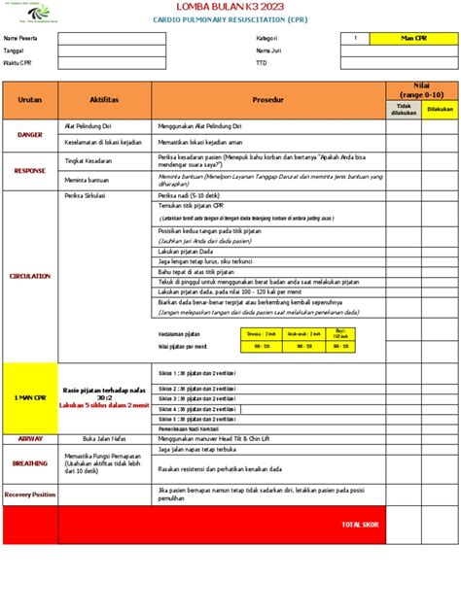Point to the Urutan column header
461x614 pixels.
pos(30,100)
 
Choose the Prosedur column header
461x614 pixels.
pos(268,100)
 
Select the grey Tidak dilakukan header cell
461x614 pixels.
pos(404,110)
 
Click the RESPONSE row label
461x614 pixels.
pos(30,170)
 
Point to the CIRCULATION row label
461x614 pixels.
pos(30,276)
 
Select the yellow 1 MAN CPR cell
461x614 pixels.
pos(30,398)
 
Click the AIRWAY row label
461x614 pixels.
pos(30,438)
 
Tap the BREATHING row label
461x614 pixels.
pos(30,463)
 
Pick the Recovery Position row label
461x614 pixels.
pos(30,495)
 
